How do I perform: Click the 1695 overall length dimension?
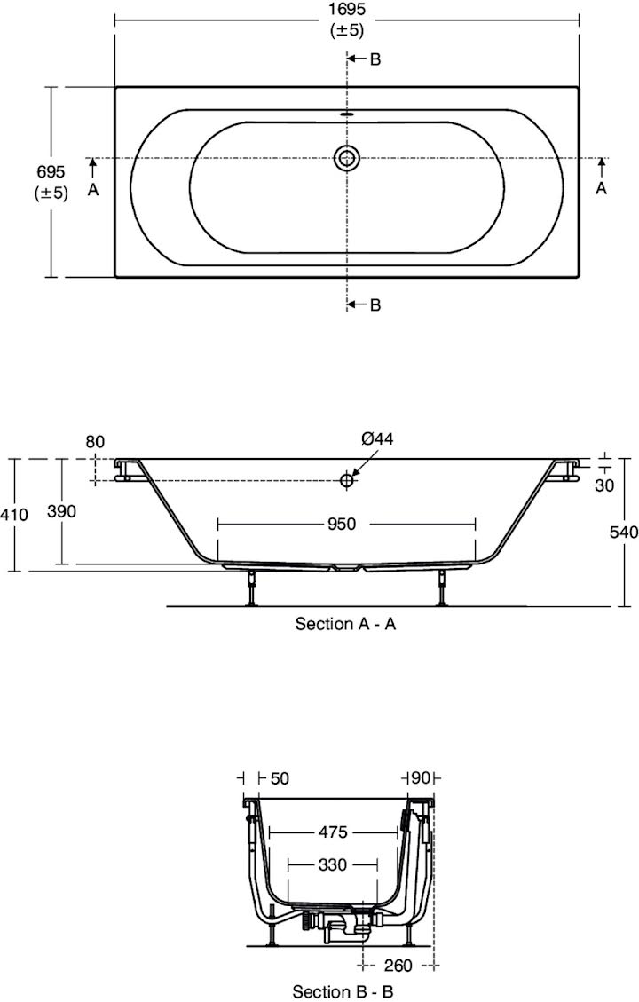346,11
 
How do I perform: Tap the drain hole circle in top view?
347,159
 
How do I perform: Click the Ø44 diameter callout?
377,438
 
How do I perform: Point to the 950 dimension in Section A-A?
341,525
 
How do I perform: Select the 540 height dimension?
624,533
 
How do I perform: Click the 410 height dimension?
15,514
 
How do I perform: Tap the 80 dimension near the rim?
96,441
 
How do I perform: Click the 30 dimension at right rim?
605,485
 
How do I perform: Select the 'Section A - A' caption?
345,624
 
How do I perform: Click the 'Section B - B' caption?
344,990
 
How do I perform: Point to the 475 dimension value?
334,832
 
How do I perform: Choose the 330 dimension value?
334,864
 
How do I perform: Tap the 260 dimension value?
400,966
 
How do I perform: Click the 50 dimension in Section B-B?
279,777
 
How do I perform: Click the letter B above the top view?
375,59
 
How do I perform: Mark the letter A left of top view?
93,188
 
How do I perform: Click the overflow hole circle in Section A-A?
347,480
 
